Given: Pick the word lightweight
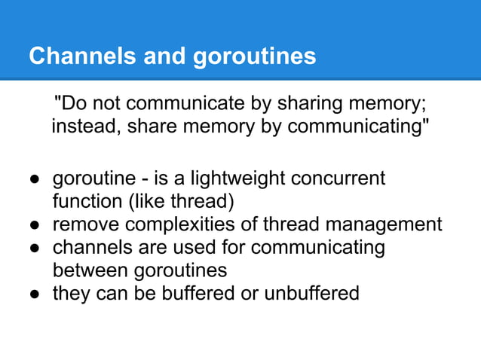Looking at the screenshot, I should point(240,179).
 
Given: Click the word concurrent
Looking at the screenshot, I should point(342,179).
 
